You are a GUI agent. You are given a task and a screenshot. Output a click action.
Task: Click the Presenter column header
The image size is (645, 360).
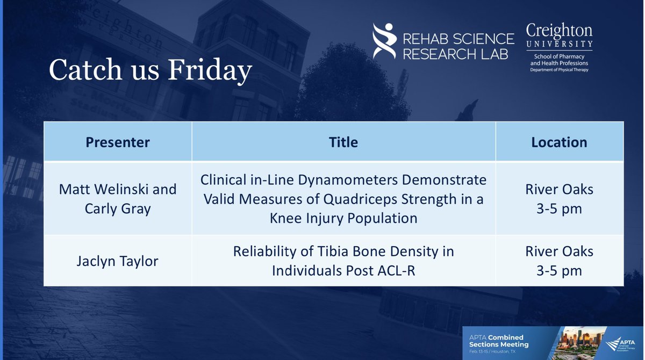pyautogui.click(x=117, y=142)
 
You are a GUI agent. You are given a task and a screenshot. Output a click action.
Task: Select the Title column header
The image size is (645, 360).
pyautogui.click(x=343, y=142)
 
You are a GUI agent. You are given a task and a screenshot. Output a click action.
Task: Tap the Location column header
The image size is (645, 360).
pyautogui.click(x=559, y=142)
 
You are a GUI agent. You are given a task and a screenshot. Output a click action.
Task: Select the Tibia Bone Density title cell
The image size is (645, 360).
pyautogui.click(x=343, y=261)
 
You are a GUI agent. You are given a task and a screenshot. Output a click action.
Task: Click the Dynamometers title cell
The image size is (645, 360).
pyautogui.click(x=343, y=199)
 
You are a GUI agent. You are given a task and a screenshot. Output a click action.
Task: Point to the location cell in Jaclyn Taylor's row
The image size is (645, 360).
pyautogui.click(x=559, y=261)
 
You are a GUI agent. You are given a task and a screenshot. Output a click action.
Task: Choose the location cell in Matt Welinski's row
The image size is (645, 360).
pyautogui.click(x=559, y=199)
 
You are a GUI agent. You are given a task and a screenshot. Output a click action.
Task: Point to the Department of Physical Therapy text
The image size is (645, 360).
pyautogui.click(x=559, y=70)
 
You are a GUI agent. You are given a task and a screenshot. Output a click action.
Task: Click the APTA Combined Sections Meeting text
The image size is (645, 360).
pyautogui.click(x=498, y=341)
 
